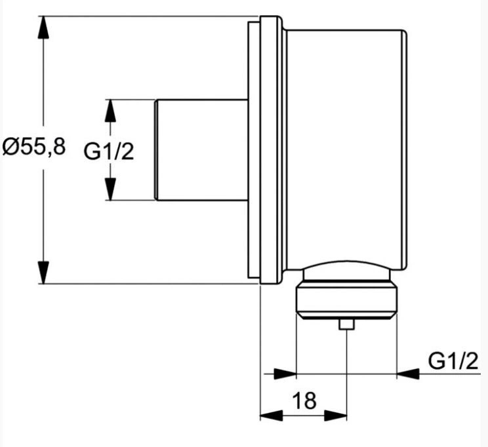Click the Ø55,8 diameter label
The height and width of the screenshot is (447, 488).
pos(34,147)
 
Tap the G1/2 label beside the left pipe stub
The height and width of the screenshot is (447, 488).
pos(109,152)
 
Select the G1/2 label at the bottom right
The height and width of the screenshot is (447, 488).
pos(453,361)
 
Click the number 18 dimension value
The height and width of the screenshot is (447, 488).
pos(304,400)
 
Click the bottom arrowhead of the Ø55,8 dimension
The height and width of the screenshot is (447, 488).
pos(43,273)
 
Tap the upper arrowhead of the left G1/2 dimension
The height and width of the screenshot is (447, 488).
pos(110,111)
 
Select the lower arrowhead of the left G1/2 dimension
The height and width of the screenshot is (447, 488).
pos(110,189)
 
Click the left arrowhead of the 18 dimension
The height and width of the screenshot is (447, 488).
pos(272,416)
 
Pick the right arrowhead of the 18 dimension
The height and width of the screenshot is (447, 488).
pos(336,416)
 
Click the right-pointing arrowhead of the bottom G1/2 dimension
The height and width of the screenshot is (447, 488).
pos(285,374)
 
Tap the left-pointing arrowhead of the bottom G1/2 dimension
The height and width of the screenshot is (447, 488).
pos(409,374)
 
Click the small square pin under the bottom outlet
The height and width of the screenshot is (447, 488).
pos(347,324)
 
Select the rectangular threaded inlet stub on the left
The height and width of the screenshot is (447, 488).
pos(201,150)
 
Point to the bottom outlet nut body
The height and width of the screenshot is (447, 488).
pos(347,301)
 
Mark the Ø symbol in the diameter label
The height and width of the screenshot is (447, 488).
pos(12,147)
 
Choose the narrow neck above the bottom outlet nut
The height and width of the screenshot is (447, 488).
pos(347,275)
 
